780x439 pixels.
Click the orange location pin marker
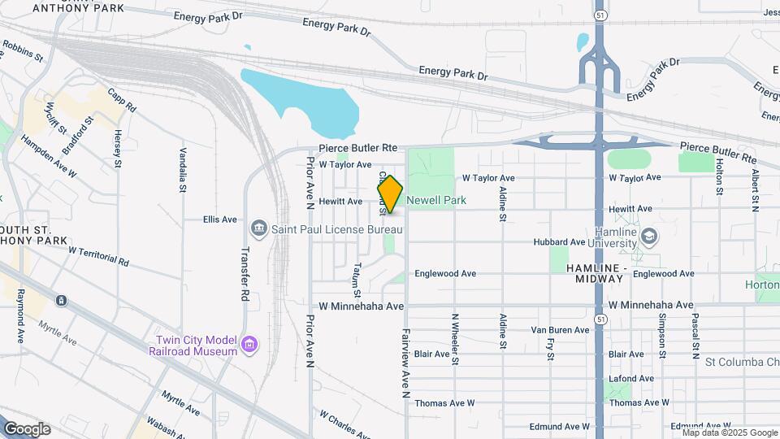[x=391, y=195]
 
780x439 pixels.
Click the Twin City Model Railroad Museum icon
[x=249, y=346]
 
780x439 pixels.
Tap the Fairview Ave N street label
[x=405, y=363]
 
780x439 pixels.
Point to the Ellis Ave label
[x=220, y=219]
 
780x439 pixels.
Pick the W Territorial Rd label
[x=98, y=257]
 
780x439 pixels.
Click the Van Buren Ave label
[x=560, y=330]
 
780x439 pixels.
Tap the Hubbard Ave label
[x=559, y=242]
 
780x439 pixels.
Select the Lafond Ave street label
[x=626, y=379]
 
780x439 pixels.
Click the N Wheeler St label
[x=455, y=334]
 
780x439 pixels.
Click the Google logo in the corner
[x=27, y=428]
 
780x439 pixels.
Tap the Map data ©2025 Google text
[x=730, y=432]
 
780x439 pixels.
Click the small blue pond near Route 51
[x=582, y=41]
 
